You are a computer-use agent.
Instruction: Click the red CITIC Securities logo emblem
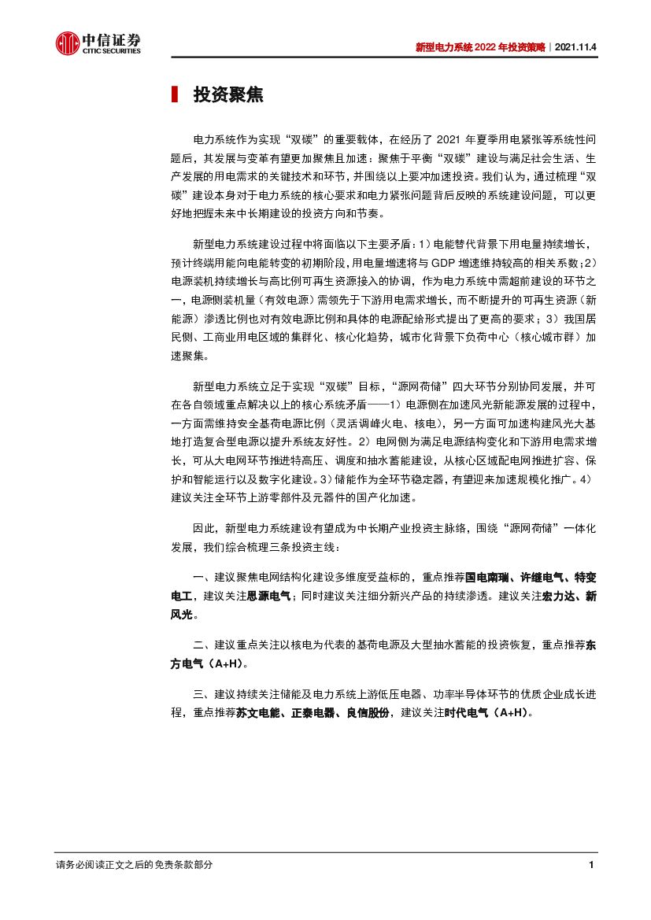[67, 44]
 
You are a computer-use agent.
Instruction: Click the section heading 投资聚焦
[228, 95]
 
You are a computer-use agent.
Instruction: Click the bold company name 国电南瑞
[486, 577]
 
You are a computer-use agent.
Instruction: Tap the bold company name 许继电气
[539, 577]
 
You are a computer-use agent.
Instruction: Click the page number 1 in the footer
[590, 865]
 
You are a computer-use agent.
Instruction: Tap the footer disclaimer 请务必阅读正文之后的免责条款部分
[134, 865]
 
